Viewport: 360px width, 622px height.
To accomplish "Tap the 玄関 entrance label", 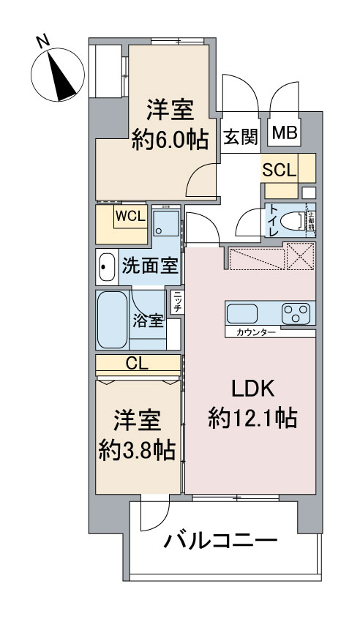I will (239, 135).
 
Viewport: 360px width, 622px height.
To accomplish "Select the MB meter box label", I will (285, 132).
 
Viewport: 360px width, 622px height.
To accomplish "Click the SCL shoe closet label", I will (280, 171).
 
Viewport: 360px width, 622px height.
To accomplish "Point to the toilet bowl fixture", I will (293, 219).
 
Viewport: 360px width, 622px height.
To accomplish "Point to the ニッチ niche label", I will (177, 301).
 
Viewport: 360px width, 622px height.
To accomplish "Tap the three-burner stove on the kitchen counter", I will (296, 314).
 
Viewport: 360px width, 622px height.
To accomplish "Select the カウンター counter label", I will (255, 333).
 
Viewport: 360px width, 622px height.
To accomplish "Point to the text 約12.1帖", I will (252, 418).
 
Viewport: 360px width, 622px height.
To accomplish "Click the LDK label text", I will (252, 387).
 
